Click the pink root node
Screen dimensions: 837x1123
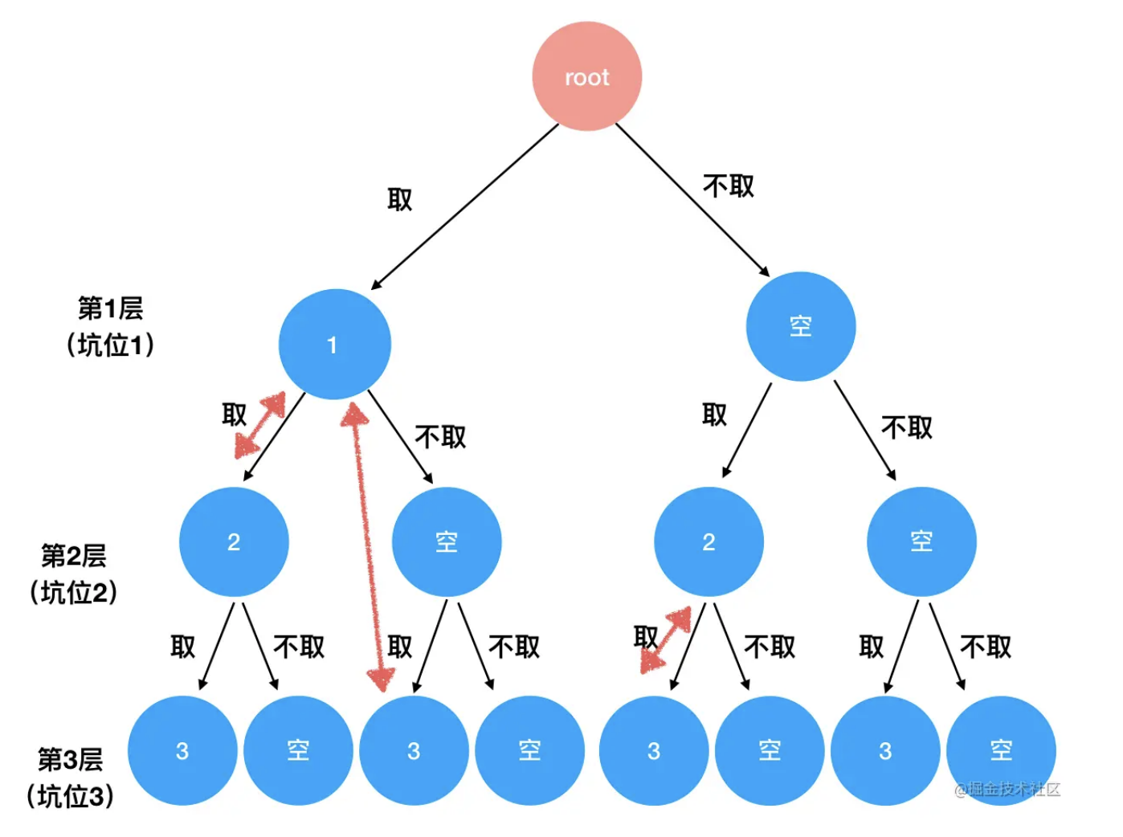(x=586, y=76)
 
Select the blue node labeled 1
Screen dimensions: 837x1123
(x=334, y=344)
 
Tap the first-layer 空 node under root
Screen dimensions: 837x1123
(x=800, y=326)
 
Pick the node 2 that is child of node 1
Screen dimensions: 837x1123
(x=234, y=541)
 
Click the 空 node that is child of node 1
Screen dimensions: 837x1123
(x=447, y=541)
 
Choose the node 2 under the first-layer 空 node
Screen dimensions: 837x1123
(x=709, y=541)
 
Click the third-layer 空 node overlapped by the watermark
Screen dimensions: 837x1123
(x=1001, y=750)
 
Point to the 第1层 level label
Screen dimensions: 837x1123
(x=110, y=308)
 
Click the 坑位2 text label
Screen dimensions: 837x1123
(x=74, y=593)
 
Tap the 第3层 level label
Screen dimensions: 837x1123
(x=71, y=759)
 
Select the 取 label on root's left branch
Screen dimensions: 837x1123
(x=399, y=199)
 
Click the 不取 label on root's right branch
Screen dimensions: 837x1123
(x=729, y=186)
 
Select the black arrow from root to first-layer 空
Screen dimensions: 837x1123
(x=692, y=200)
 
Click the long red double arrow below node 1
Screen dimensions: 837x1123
(x=367, y=546)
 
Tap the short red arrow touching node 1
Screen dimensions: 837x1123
(x=260, y=425)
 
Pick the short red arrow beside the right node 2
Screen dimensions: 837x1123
(x=666, y=639)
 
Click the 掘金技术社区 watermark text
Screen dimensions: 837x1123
(x=1008, y=789)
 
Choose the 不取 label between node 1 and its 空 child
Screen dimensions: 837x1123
(x=440, y=437)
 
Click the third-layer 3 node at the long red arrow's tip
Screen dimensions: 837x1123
(x=414, y=750)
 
